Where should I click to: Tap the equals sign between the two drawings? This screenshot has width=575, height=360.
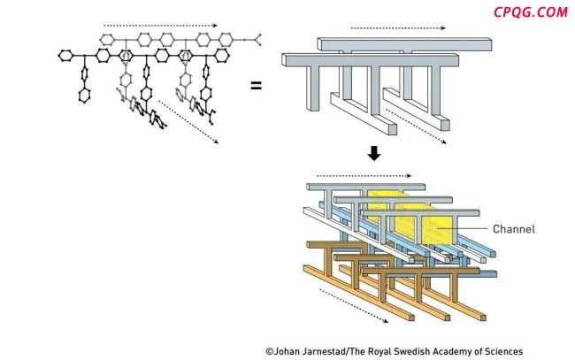(256, 86)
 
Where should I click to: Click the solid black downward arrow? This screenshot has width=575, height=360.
(374, 154)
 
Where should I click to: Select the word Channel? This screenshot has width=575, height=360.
(513, 229)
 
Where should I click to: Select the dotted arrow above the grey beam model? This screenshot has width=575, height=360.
(379, 27)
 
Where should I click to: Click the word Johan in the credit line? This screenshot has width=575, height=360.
(290, 351)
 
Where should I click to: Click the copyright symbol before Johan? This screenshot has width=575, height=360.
(270, 351)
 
